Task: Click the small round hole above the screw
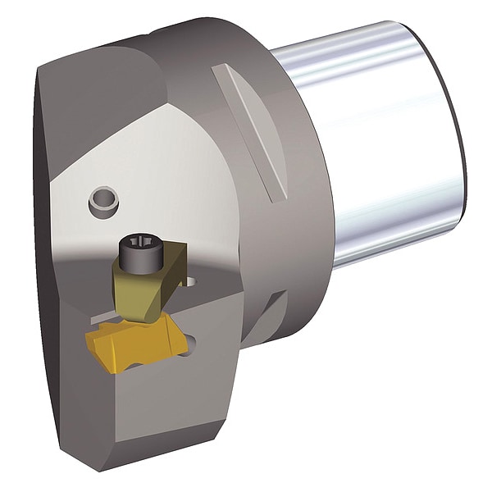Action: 103,198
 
